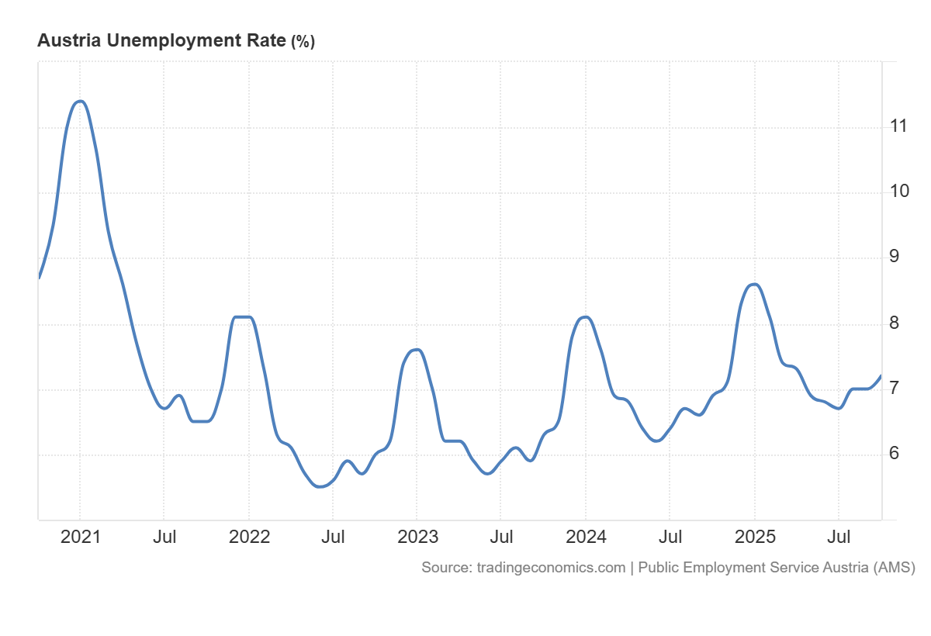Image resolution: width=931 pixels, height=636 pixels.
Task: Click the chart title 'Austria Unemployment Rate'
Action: point(161,41)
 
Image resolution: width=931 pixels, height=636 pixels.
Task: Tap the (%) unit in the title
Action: point(303,42)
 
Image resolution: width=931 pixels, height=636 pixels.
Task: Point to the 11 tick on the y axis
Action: point(899,126)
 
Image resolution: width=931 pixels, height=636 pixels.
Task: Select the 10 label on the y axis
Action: point(899,191)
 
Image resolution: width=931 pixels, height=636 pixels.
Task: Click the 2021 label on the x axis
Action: point(81,537)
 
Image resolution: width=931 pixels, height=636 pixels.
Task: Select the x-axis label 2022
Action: point(249,537)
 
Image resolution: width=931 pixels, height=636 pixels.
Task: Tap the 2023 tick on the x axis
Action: point(417,537)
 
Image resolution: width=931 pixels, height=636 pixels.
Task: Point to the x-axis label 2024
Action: point(586,537)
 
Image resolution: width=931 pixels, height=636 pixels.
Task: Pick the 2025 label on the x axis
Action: point(755,537)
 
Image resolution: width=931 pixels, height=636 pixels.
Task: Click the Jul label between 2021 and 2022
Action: point(164,537)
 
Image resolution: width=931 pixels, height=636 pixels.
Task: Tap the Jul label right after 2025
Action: point(839,537)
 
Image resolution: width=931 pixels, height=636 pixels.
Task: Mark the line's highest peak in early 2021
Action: point(80,102)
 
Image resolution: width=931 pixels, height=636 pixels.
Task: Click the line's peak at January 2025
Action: point(754,284)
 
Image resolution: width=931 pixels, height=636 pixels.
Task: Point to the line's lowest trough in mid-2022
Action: point(320,487)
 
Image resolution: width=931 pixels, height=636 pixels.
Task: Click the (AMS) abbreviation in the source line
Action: point(894,568)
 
